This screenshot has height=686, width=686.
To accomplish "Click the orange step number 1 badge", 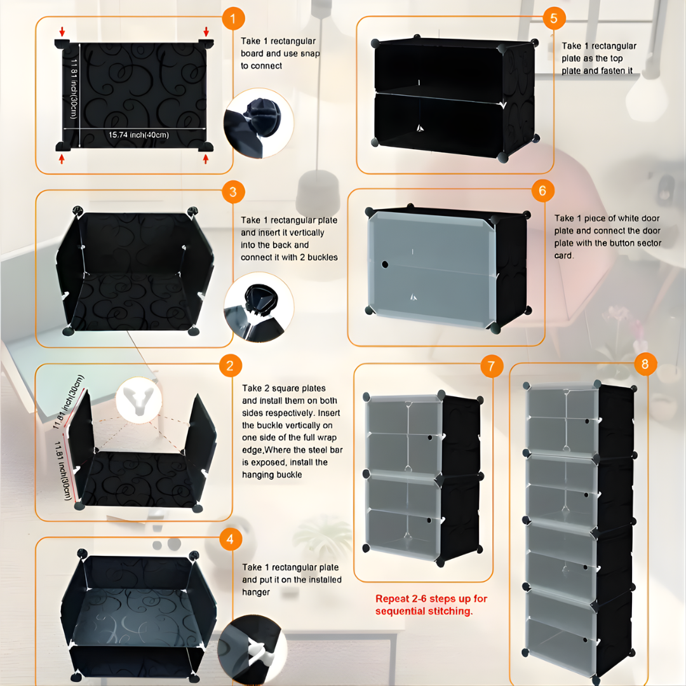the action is coord(233,18).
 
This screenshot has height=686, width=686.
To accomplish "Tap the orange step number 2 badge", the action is coord(230,365).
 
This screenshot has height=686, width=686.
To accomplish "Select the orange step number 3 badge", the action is coord(233,192).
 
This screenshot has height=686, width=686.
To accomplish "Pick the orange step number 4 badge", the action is coord(230,539).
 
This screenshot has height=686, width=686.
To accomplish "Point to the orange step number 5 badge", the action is coord(554,18).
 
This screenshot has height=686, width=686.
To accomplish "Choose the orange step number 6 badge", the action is coord(542,191).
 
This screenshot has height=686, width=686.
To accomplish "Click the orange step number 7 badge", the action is coord(491,366).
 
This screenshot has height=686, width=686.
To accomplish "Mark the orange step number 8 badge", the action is coord(645,364).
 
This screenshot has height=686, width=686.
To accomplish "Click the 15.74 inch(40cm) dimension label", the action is coord(138,135).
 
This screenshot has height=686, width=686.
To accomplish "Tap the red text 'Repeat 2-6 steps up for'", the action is coord(431,598).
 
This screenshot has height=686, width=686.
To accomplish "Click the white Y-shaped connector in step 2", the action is coord(138,400).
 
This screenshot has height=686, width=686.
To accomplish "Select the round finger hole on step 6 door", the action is coord(384,264).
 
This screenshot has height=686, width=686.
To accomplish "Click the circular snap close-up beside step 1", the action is coord(259,123).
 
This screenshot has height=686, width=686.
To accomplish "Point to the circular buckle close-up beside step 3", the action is coord(259,307).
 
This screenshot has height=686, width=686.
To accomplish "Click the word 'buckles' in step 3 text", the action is coord(323,257).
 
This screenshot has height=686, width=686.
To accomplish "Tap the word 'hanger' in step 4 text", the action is coord(256,593).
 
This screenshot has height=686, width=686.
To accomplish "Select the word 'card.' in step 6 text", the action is coord(564,255).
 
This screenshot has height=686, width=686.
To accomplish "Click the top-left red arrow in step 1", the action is coord(62,31).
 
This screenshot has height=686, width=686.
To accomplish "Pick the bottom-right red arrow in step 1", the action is coord(206,159).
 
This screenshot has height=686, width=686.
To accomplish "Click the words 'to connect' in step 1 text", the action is coord(261,65).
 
